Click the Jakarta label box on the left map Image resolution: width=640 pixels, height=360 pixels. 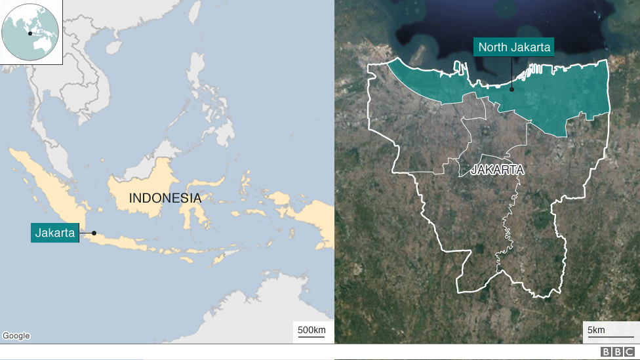(x=55, y=233)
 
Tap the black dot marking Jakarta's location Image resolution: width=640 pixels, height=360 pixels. (x=94, y=233)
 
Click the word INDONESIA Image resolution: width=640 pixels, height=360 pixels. (x=165, y=198)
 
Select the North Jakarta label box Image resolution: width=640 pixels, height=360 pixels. (x=514, y=47)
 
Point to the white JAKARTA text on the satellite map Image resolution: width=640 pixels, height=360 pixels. (x=498, y=170)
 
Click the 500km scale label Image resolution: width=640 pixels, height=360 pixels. (x=311, y=329)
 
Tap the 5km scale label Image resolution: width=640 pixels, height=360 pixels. (x=596, y=329)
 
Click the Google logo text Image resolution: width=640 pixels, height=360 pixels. (x=16, y=336)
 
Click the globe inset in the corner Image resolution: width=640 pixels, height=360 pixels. (x=31, y=31)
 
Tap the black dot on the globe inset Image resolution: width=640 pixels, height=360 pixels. (x=30, y=33)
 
